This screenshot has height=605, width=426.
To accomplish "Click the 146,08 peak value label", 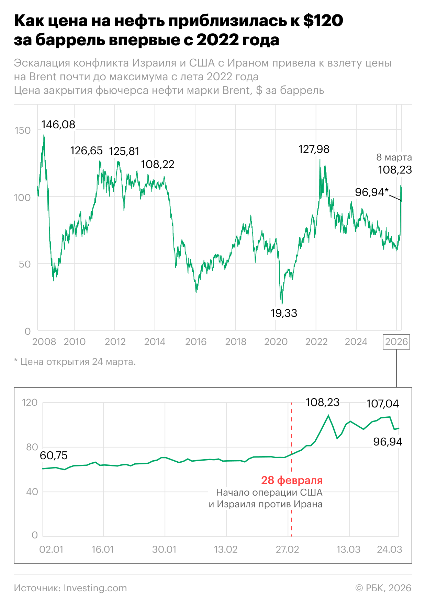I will click(58, 124).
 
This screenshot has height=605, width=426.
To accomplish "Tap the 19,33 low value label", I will click(284, 313).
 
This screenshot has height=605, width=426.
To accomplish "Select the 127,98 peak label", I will click(314, 149).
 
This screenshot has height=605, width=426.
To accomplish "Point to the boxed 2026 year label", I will click(396, 342).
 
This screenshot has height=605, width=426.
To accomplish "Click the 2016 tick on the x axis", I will click(196, 342).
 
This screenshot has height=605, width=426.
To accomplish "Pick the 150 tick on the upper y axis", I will click(23, 130).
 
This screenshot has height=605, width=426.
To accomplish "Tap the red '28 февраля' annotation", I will click(292, 480).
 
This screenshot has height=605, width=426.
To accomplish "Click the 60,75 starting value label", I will click(54, 455).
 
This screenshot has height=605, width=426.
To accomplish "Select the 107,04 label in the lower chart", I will click(382, 404).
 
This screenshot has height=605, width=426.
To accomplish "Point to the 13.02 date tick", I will click(226, 549).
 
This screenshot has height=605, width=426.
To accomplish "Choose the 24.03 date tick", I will click(389, 549).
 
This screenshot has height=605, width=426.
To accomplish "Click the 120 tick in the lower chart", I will click(30, 402).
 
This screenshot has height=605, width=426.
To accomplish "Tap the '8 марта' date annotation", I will click(394, 157).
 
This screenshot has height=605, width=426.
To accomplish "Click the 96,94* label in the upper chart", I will click(372, 192).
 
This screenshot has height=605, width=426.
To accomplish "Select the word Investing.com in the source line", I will click(95, 588).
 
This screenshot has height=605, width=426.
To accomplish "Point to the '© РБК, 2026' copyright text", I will click(383, 588).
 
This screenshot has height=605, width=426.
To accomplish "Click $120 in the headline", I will click(323, 21).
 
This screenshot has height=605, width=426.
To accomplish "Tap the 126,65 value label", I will click(87, 151).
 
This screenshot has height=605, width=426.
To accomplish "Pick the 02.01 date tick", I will click(51, 549).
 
